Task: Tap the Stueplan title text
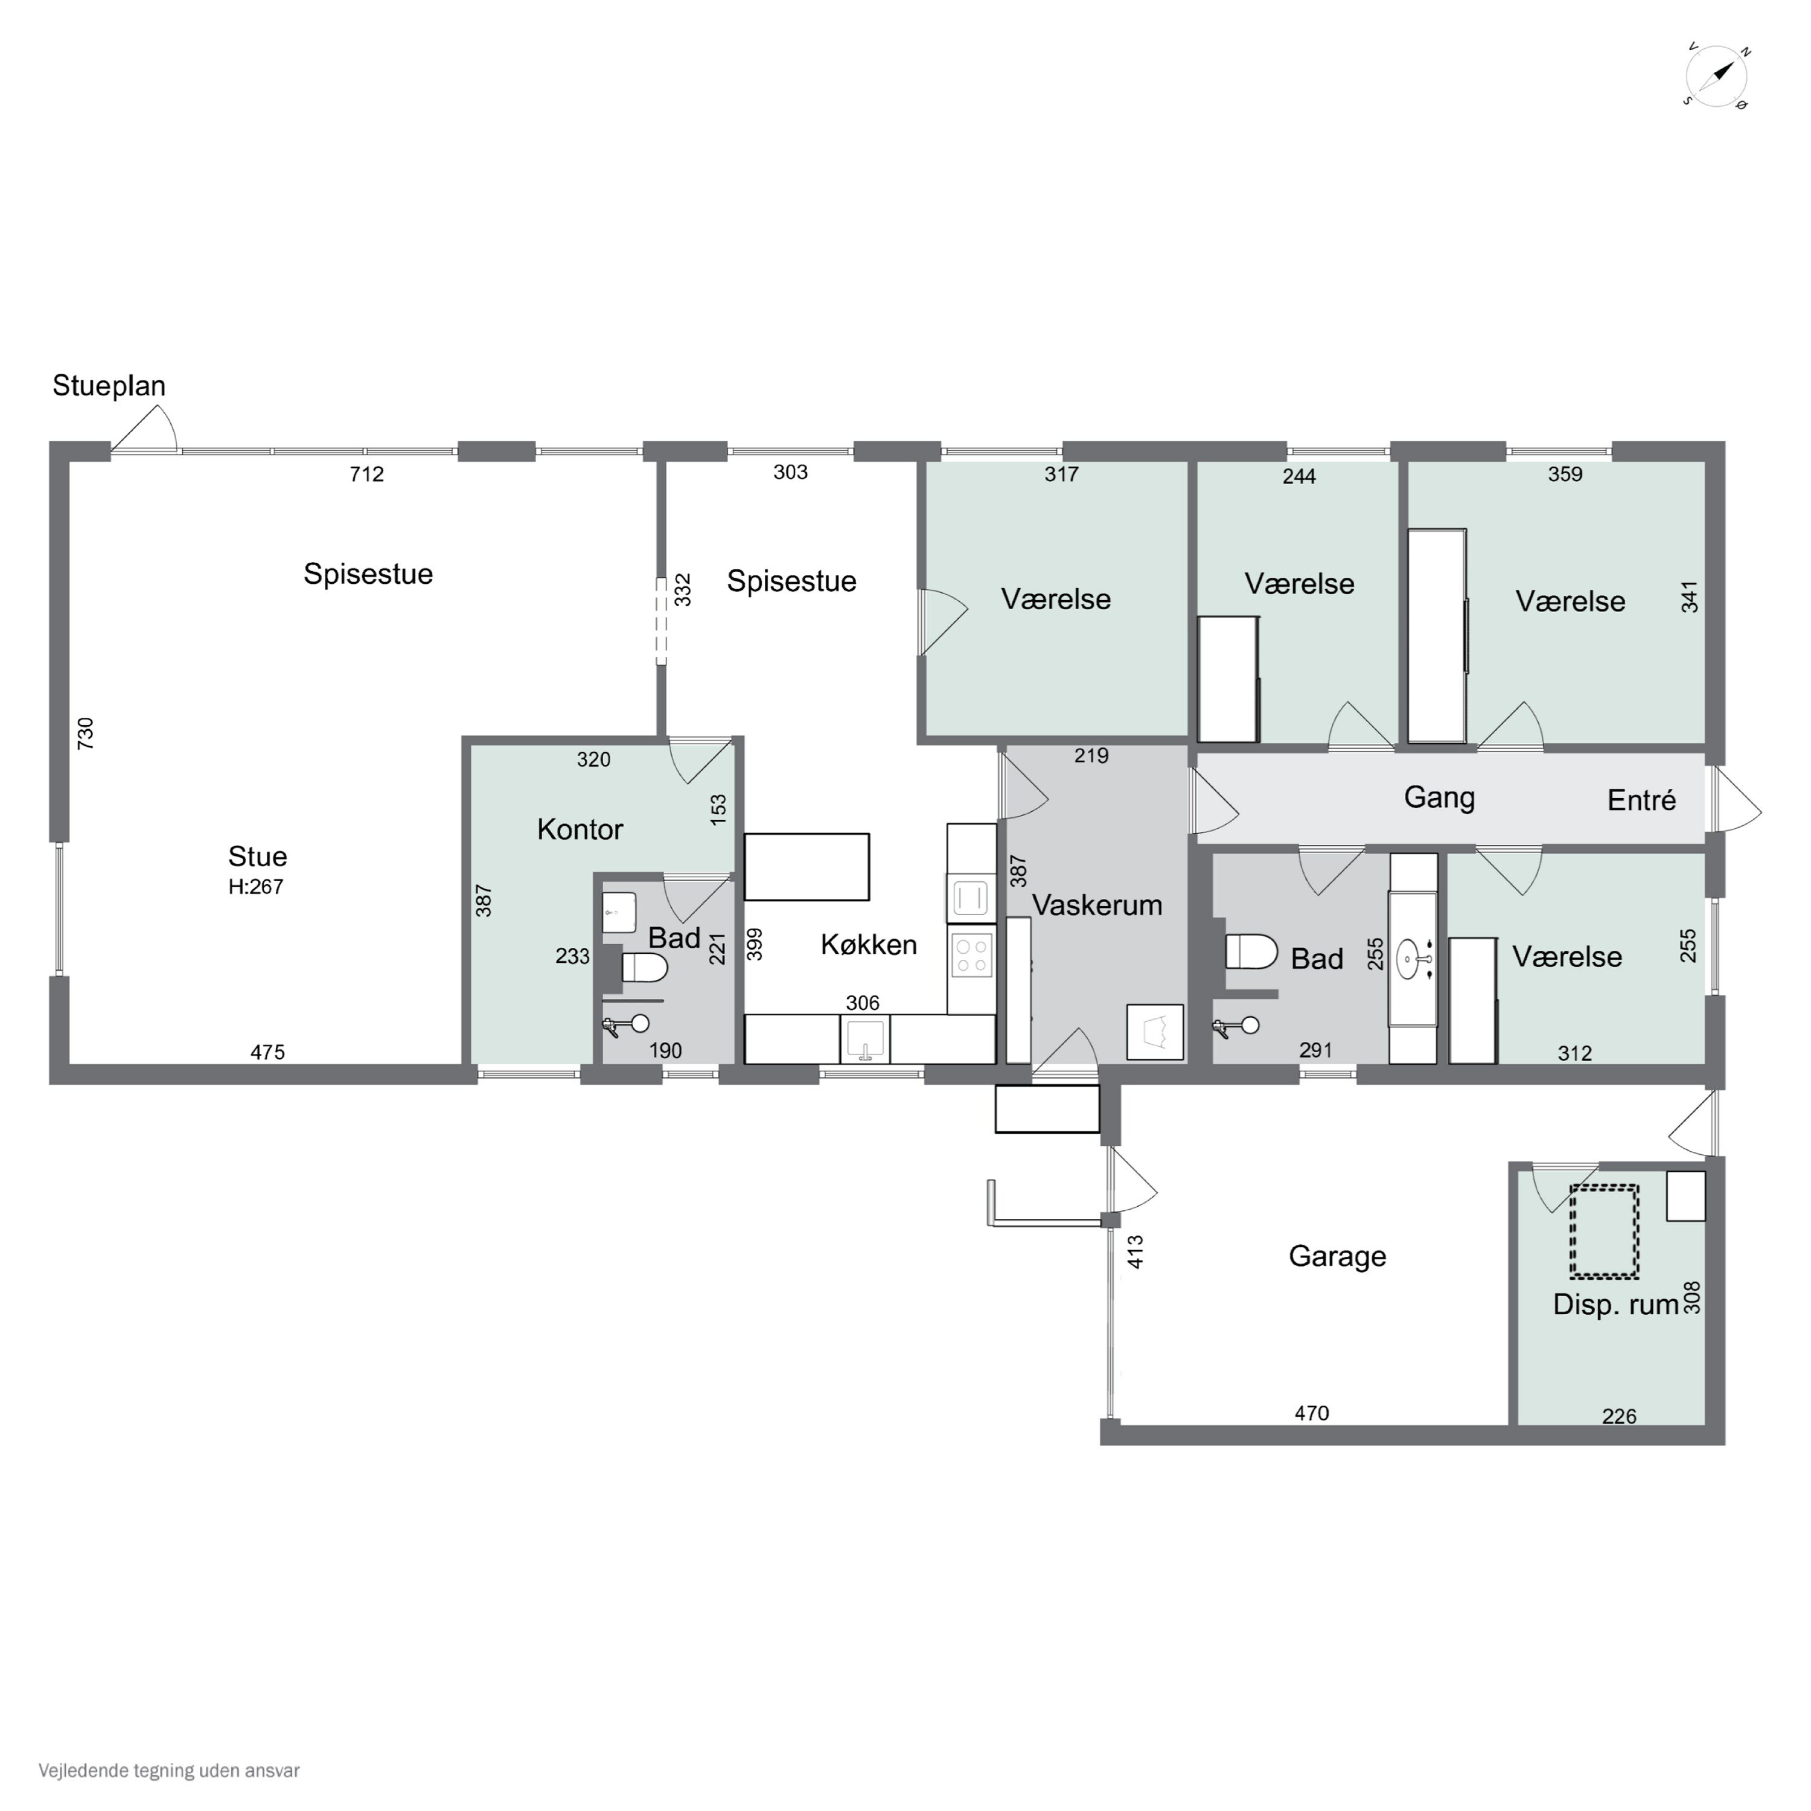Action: [x=109, y=385]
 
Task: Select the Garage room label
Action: [x=1337, y=1256]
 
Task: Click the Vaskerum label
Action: [x=1097, y=904]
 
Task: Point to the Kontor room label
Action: [x=580, y=829]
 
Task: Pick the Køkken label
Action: [x=868, y=944]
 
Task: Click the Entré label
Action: [x=1641, y=800]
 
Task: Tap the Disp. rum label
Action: [x=1615, y=1304]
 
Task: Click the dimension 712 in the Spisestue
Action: [x=366, y=474]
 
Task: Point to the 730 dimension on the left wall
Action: [x=85, y=733]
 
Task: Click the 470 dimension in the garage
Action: [x=1311, y=1413]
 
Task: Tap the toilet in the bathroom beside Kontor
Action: [x=644, y=966]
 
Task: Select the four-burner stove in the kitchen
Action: [x=971, y=955]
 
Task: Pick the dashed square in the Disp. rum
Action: [x=1604, y=1231]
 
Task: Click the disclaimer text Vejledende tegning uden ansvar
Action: [x=169, y=1771]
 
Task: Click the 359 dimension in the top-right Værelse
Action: [x=1565, y=474]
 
